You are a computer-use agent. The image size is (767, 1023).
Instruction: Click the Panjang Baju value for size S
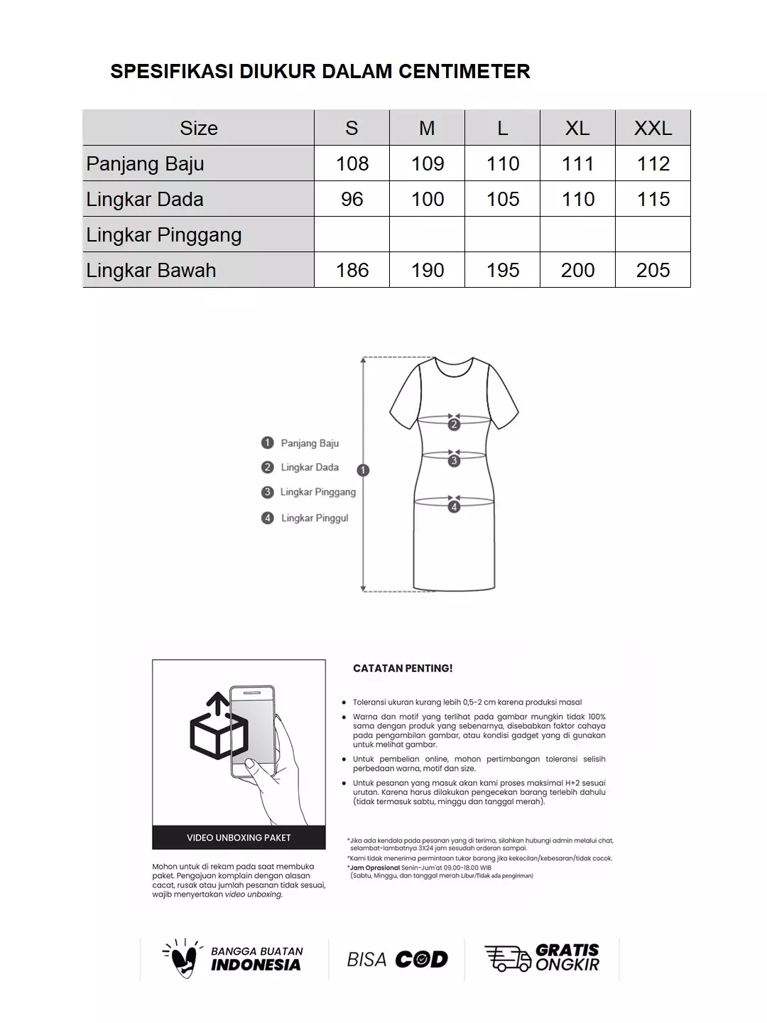pyautogui.click(x=352, y=163)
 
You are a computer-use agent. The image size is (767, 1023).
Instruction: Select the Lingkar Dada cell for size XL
pyautogui.click(x=577, y=199)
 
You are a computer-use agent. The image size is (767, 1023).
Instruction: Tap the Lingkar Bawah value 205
pyautogui.click(x=653, y=270)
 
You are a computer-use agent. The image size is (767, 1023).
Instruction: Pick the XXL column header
pyautogui.click(x=653, y=128)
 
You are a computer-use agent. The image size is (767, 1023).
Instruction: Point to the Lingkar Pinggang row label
pyautogui.click(x=164, y=234)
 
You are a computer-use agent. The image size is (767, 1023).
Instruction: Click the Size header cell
pyautogui.click(x=198, y=128)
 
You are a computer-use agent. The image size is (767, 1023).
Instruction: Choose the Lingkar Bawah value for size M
pyautogui.click(x=427, y=270)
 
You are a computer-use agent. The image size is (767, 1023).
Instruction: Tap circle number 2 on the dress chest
pyautogui.click(x=454, y=425)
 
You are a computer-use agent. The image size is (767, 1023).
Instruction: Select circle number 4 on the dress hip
pyautogui.click(x=454, y=507)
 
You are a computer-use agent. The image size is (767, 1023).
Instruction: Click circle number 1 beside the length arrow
pyautogui.click(x=363, y=470)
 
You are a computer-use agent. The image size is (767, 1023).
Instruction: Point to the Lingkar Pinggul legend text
pyautogui.click(x=315, y=518)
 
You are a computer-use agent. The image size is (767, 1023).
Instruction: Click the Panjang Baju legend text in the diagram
pyautogui.click(x=310, y=443)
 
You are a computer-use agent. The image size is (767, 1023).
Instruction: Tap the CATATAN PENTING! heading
pyautogui.click(x=403, y=669)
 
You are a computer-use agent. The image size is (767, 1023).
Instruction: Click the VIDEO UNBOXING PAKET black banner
pyautogui.click(x=239, y=838)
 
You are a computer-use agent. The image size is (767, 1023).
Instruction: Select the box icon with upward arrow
pyautogui.click(x=217, y=728)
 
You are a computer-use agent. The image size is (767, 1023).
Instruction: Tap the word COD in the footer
pyautogui.click(x=421, y=960)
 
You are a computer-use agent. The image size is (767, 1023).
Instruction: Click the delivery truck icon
pyautogui.click(x=507, y=958)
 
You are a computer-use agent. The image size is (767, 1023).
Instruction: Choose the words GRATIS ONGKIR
pyautogui.click(x=567, y=958)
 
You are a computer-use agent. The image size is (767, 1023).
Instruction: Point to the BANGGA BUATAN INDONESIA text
pyautogui.click(x=256, y=958)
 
